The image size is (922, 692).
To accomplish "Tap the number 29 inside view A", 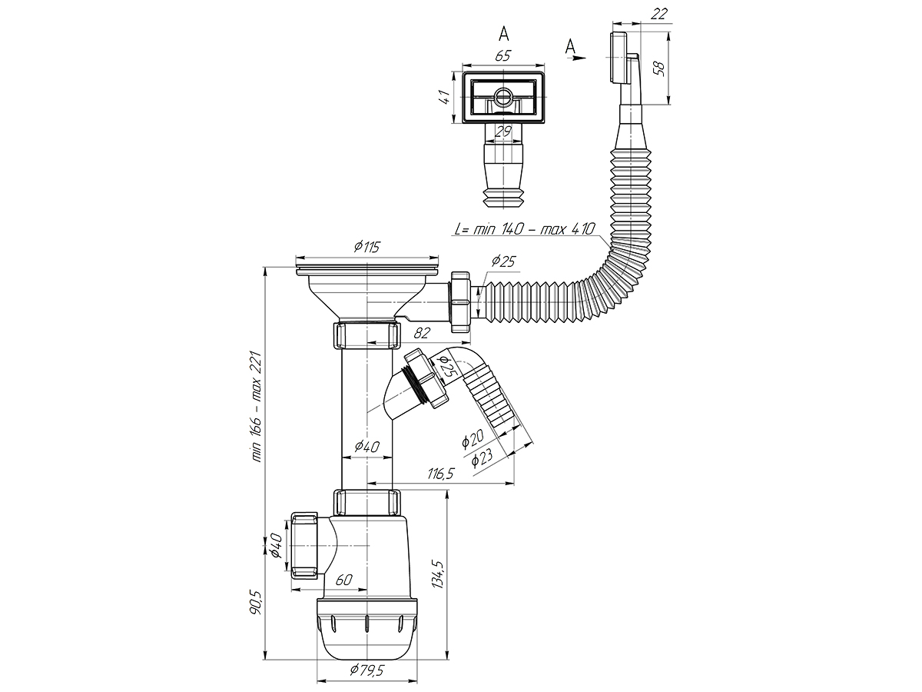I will click(503, 132).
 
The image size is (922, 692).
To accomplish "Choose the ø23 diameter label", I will click(482, 458).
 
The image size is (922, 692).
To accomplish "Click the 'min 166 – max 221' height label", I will click(256, 407).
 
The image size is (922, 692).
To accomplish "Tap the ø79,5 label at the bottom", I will click(367, 670).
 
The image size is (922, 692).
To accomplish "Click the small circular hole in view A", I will click(502, 98).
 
